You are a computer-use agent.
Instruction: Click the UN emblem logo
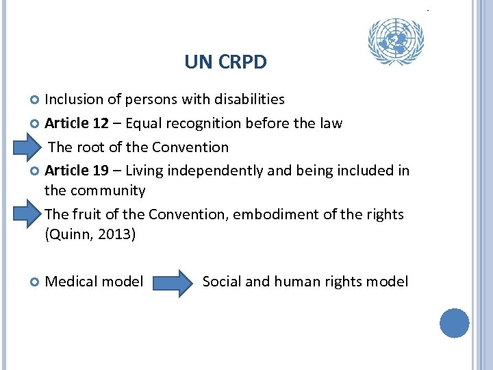click(x=396, y=42)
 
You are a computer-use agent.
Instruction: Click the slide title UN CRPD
click(x=225, y=63)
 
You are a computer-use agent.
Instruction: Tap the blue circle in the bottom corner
click(x=454, y=323)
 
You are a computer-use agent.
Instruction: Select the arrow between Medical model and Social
click(x=173, y=282)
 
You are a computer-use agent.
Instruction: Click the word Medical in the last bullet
click(x=71, y=282)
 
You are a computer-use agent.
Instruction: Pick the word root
click(x=90, y=147)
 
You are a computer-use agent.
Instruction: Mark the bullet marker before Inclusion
click(x=36, y=100)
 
